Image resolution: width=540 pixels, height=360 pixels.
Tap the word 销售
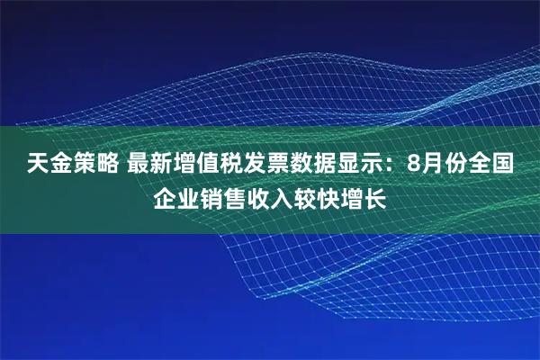pyautogui.click(x=222, y=197)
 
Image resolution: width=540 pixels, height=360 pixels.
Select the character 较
pyautogui.click(x=305, y=197)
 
